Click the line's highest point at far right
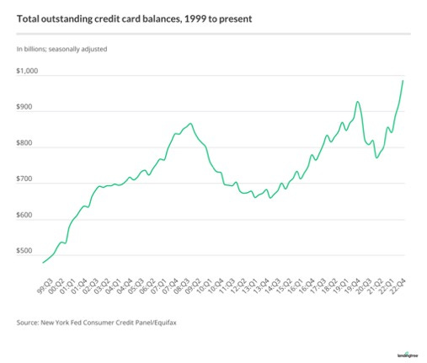pos(403,81)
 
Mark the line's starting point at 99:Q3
pos(43,263)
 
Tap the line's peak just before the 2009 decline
pos(191,124)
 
